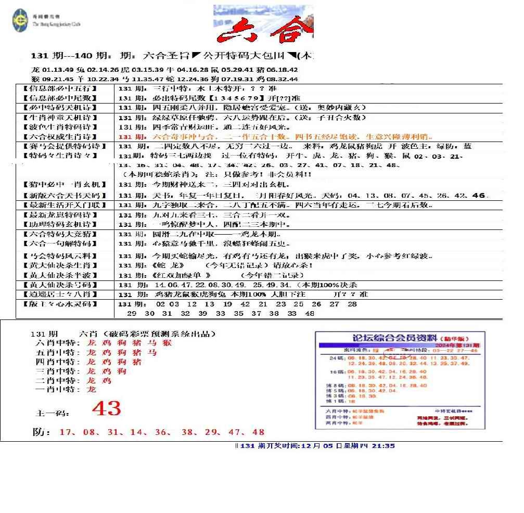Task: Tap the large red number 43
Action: (x=106, y=409)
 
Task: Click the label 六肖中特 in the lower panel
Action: (x=57, y=343)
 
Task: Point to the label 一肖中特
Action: (x=57, y=390)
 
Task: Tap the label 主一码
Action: (x=52, y=413)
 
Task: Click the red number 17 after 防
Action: (x=65, y=432)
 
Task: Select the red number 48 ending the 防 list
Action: (x=258, y=432)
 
